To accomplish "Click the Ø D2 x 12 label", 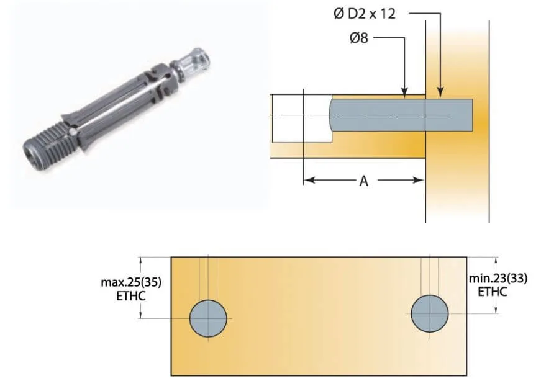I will pyautogui.click(x=364, y=14).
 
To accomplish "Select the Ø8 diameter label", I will pyautogui.click(x=358, y=38).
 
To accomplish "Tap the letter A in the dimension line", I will pyautogui.click(x=364, y=181).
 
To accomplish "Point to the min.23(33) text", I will pyautogui.click(x=498, y=279).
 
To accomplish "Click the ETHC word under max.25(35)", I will pyautogui.click(x=131, y=295).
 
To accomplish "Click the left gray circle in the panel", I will pyautogui.click(x=209, y=318).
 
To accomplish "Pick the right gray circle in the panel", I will pyautogui.click(x=429, y=313).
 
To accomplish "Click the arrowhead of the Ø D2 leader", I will pyautogui.click(x=440, y=94).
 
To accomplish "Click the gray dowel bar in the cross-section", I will pyautogui.click(x=398, y=115).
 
